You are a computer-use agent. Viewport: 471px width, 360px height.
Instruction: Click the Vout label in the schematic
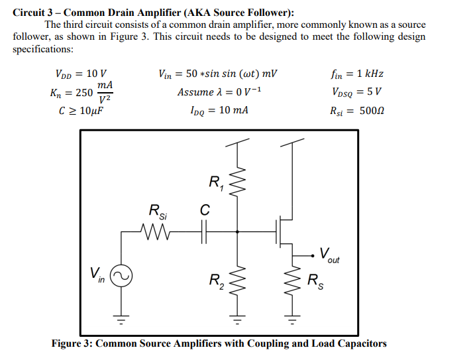(x=329, y=255)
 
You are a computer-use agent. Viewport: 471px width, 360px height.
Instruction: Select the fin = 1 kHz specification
(x=356, y=74)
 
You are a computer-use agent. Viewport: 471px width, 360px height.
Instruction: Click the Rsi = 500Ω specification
(x=356, y=109)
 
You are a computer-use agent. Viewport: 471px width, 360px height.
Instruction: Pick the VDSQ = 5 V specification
(x=356, y=91)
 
